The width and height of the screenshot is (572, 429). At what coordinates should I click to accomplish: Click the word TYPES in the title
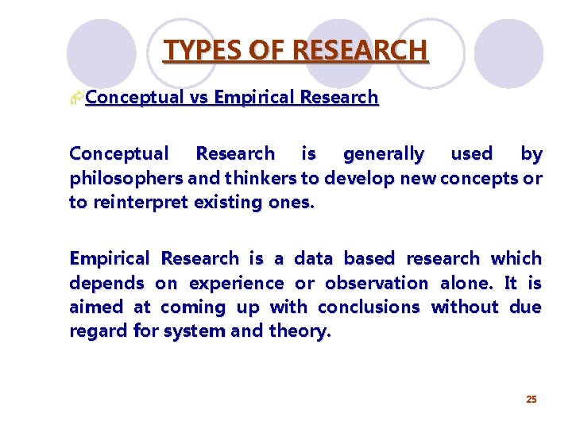tap(195, 51)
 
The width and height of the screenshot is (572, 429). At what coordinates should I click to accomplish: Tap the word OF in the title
tap(262, 51)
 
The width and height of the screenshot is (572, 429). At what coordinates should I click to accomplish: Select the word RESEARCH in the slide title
tap(361, 51)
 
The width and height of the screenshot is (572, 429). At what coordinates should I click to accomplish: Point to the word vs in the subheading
tap(200, 98)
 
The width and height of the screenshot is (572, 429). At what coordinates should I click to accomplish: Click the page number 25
tap(531, 399)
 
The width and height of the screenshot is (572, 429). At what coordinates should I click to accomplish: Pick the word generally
tap(383, 153)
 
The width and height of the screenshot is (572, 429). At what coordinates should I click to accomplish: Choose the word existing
tap(226, 202)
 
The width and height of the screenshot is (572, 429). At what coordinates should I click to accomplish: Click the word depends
tap(106, 283)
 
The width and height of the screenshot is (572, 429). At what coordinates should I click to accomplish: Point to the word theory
tap(300, 331)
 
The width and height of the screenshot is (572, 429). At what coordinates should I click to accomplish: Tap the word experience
tap(236, 283)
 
